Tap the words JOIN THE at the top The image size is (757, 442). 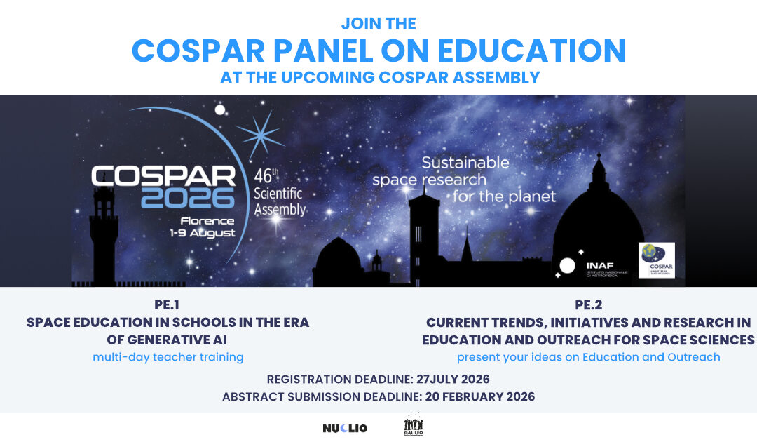[378, 23]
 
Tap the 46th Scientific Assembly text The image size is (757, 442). [279, 192]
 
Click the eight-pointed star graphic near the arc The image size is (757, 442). [260, 133]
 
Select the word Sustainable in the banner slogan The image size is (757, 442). [465, 163]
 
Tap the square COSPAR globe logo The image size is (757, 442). [657, 260]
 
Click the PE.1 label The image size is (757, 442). [168, 305]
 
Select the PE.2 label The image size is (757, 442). [588, 305]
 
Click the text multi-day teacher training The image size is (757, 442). [168, 357]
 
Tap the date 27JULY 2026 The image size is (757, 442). [453, 380]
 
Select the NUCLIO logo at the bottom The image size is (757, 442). [345, 428]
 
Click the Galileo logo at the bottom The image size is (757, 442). [414, 425]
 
